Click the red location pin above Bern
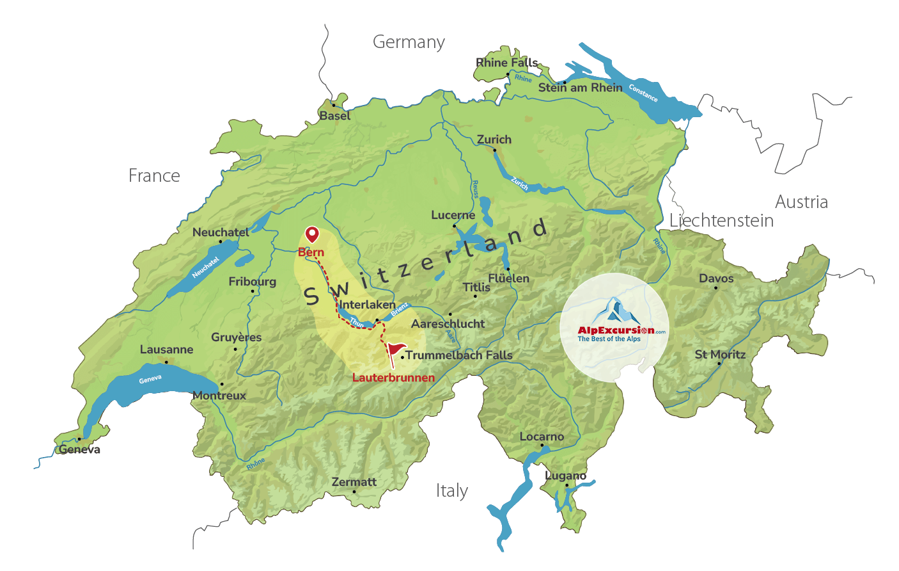[x=311, y=234]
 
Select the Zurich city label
[x=494, y=140]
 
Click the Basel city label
[x=334, y=116]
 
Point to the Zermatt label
[x=354, y=482]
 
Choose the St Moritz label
[x=720, y=355]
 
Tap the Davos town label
[x=716, y=278]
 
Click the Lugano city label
[x=565, y=476]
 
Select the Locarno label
[x=542, y=437]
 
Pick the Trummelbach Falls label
[x=458, y=355]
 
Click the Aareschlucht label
[x=448, y=324]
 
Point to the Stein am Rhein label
[x=580, y=88]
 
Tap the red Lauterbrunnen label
[x=393, y=378]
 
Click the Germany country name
[x=409, y=42]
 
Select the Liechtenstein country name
[x=721, y=221]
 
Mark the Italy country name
[x=451, y=491]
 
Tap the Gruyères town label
[x=236, y=337]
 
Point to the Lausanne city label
[x=166, y=350]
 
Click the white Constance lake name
[x=643, y=93]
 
